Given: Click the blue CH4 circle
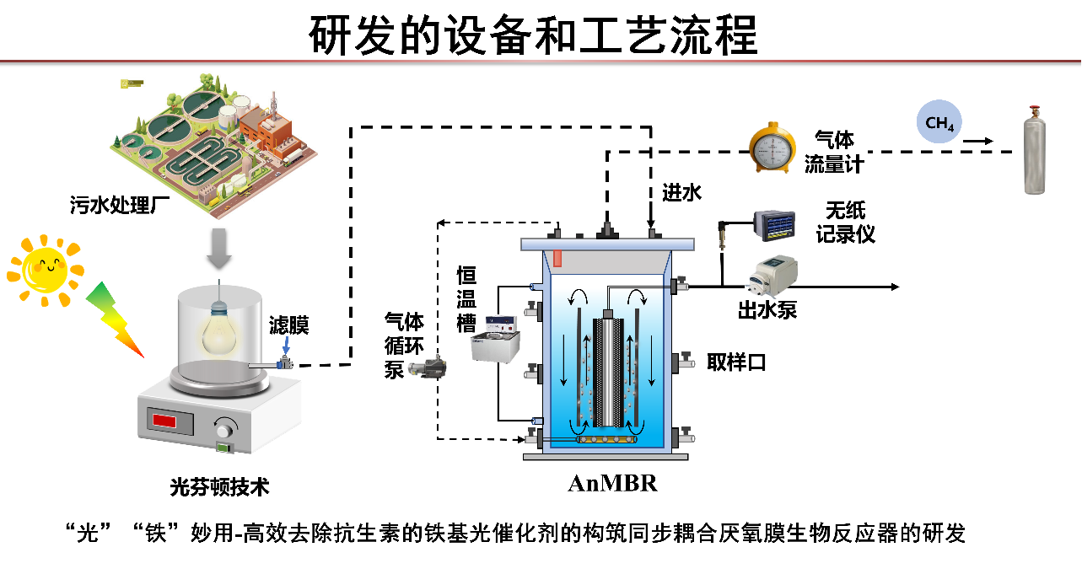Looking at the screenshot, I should coord(939,123).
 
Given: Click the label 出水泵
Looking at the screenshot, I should coord(767,310).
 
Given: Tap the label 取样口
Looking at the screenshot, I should coord(736,362).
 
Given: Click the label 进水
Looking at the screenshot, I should coord(681,193).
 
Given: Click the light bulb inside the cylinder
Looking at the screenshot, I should coord(218,333).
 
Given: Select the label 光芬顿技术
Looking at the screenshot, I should coord(219,486).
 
